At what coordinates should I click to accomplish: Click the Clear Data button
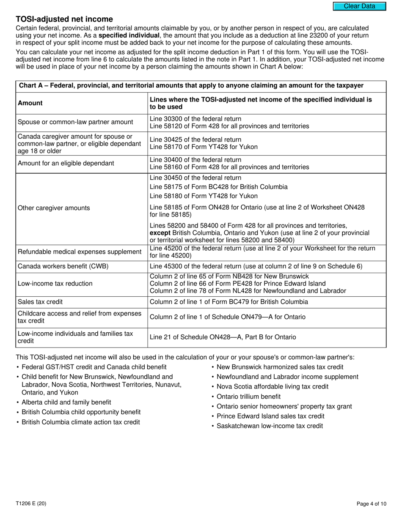point(359,6)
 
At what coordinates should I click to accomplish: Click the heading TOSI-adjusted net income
point(64,19)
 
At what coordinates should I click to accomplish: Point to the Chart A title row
point(191,86)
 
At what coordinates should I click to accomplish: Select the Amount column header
point(30,103)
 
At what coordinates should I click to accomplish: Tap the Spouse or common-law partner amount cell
point(75,122)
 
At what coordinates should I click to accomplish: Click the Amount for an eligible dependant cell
point(66,163)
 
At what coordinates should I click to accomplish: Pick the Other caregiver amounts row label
point(54,208)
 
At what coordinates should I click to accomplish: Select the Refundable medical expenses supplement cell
point(80,252)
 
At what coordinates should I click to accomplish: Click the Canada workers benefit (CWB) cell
point(63,266)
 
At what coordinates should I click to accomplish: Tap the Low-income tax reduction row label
point(55,284)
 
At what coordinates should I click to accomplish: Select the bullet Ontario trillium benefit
point(248,397)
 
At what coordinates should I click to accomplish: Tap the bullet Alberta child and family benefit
point(66,402)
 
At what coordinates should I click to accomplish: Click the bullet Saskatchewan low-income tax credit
point(270,426)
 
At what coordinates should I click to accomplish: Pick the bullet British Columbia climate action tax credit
point(80,422)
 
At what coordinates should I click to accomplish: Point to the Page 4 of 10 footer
point(371,504)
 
